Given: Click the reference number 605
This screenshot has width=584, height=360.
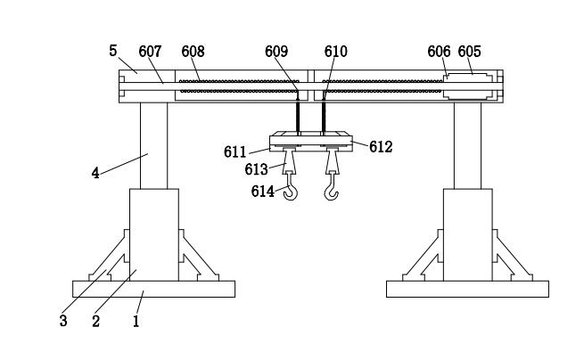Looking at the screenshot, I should pyautogui.click(x=470, y=52).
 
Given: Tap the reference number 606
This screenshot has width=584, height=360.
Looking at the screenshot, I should pyautogui.click(x=439, y=52).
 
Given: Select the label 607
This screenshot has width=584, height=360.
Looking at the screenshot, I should pyautogui.click(x=151, y=52).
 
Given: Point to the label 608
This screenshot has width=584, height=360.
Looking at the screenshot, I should pyautogui.click(x=193, y=52).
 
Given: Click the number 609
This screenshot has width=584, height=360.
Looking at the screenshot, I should pyautogui.click(x=276, y=52).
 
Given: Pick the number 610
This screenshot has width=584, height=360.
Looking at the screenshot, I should pyautogui.click(x=336, y=52).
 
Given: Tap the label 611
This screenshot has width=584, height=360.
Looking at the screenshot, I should pyautogui.click(x=235, y=152).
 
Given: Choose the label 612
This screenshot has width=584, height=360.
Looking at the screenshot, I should pyautogui.click(x=381, y=147).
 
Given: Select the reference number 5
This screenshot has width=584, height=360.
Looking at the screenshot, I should pyautogui.click(x=113, y=50).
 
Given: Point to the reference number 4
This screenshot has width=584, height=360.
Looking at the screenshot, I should pyautogui.click(x=95, y=173).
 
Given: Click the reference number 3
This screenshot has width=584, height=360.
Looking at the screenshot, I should pyautogui.click(x=63, y=321).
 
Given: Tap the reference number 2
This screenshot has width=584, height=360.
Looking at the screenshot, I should pyautogui.click(x=95, y=321).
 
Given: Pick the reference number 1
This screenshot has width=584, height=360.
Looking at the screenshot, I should pyautogui.click(x=136, y=321).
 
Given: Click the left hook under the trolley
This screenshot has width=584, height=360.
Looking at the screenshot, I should pyautogui.click(x=290, y=190).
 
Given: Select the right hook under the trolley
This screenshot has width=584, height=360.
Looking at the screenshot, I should pyautogui.click(x=332, y=189).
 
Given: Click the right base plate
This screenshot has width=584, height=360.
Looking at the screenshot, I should pyautogui.click(x=466, y=289).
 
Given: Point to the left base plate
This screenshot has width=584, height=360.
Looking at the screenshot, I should pyautogui.click(x=153, y=289).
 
